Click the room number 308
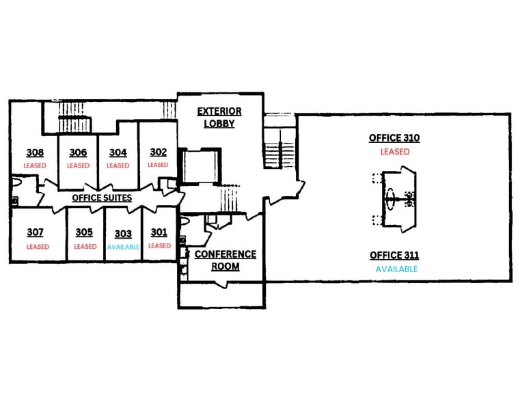[36, 152]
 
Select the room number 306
[78, 153]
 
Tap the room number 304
[118, 153]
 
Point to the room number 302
[158, 152]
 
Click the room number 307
[36, 232]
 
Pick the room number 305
[84, 232]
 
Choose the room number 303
[123, 234]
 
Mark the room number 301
[159, 232]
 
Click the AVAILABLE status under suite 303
[123, 247]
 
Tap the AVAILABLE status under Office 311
[396, 269]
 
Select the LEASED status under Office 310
[395, 152]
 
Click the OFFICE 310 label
[394, 138]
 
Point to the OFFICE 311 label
[394, 256]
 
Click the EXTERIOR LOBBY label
[219, 118]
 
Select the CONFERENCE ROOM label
[225, 260]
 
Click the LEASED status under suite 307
[38, 247]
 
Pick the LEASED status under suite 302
[158, 165]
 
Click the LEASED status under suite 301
[159, 246]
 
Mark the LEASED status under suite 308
[35, 165]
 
